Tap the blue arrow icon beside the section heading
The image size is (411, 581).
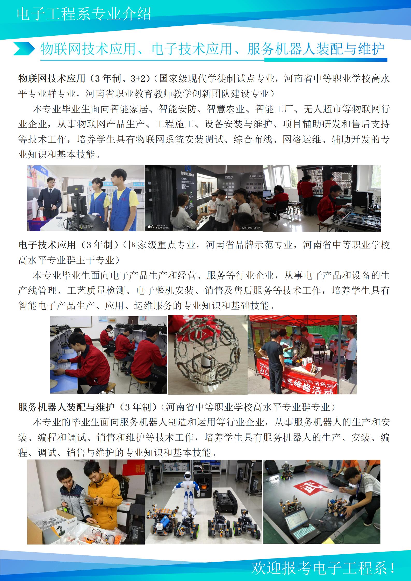24,48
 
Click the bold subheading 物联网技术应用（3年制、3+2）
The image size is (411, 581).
85,78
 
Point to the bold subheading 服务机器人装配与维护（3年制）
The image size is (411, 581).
88,407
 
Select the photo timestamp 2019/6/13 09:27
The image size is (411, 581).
250,228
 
